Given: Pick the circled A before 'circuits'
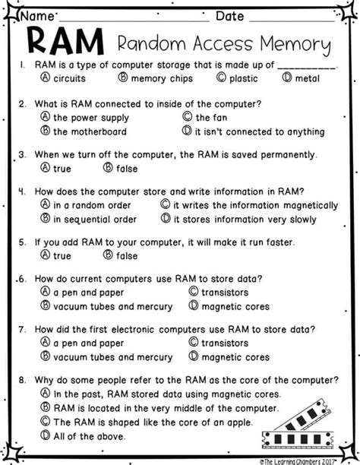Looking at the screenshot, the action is point(46,77).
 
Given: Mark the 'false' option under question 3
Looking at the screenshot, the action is point(125,168).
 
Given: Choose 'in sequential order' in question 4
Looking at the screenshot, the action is point(94,219).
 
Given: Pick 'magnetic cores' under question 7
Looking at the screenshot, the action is point(235,357).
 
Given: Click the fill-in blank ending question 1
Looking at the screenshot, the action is point(308,66).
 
